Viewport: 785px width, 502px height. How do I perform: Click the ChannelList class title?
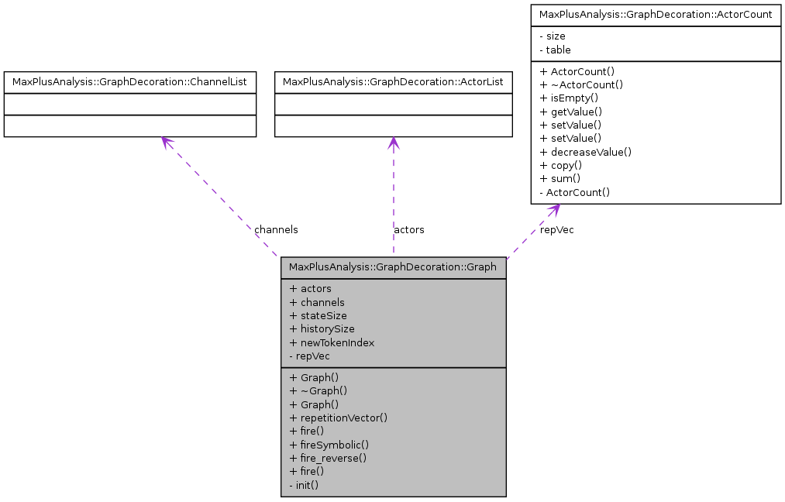pos(130,81)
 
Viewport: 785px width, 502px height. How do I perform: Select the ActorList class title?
pos(393,81)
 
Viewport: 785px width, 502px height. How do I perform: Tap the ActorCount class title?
pos(655,15)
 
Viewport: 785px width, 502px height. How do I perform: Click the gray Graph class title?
pos(393,267)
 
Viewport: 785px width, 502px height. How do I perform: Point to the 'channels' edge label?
pos(276,230)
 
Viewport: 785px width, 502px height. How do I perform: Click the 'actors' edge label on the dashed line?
pos(409,230)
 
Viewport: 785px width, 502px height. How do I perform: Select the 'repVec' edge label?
pos(556,230)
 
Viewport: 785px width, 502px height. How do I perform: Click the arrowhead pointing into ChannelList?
pos(165,142)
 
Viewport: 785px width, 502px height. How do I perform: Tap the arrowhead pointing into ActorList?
pos(393,143)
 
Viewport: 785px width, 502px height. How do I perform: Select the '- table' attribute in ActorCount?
pos(554,50)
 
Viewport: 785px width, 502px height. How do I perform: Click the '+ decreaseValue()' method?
pos(585,152)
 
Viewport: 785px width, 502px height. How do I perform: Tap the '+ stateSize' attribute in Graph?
pos(318,316)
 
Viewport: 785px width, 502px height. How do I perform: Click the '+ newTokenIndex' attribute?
pos(332,342)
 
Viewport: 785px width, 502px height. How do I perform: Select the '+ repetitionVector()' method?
pos(338,418)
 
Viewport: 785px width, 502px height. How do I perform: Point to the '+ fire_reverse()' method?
pos(328,458)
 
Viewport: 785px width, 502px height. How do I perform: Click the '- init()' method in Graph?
pos(304,485)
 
